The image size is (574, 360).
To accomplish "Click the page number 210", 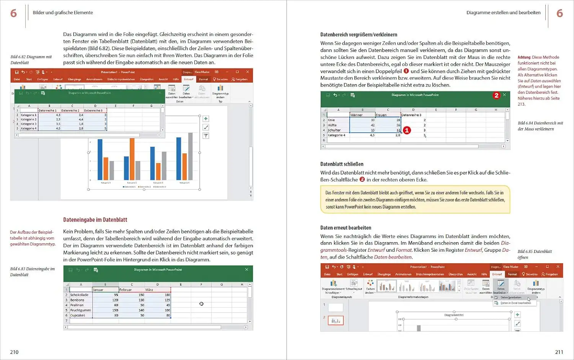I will click(x=14, y=352).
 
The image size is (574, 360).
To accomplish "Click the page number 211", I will click(x=559, y=352).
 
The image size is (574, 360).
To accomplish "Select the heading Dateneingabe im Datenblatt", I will click(x=95, y=220).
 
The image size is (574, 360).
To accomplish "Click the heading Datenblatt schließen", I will click(x=342, y=164).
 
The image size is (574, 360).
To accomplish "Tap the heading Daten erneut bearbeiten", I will click(x=346, y=228).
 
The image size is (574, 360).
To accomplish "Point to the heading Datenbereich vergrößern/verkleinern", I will click(x=359, y=35).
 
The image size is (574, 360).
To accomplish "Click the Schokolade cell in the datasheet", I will click(x=79, y=295).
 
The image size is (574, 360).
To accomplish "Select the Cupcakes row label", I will click(x=78, y=316).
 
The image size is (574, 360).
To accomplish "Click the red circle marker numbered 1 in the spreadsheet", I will click(x=407, y=130).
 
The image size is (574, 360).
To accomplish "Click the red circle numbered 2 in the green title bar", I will click(x=496, y=95).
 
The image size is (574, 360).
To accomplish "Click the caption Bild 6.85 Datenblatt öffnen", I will click(x=535, y=254).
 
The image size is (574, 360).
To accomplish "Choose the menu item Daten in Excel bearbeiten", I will click(x=515, y=303).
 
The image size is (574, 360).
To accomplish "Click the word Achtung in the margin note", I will click(x=524, y=57).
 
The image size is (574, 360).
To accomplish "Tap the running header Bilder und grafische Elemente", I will click(x=63, y=13).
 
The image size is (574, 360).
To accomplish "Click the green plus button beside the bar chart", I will click(x=205, y=119).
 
